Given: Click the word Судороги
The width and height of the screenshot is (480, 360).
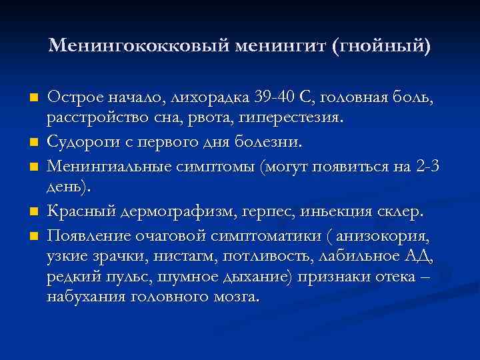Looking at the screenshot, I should click(x=86, y=142).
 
